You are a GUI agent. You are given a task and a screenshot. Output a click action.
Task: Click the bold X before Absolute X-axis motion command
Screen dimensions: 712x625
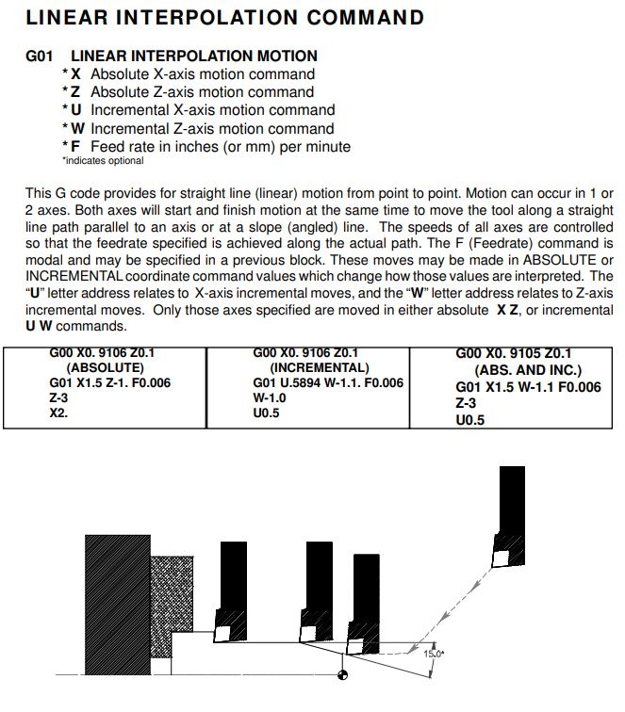[75, 73]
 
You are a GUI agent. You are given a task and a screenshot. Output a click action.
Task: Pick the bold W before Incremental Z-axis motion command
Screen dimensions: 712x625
[77, 128]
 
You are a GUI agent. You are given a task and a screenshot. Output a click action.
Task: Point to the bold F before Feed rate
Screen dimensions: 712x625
[75, 146]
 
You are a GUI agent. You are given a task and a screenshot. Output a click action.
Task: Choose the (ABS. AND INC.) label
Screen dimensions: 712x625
[529, 370]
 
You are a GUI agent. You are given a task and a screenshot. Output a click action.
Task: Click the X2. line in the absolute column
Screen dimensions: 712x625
[59, 412]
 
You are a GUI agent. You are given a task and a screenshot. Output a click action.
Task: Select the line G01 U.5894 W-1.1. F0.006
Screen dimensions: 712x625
[328, 382]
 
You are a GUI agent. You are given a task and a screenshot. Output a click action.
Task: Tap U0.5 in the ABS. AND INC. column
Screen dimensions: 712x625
[469, 420]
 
